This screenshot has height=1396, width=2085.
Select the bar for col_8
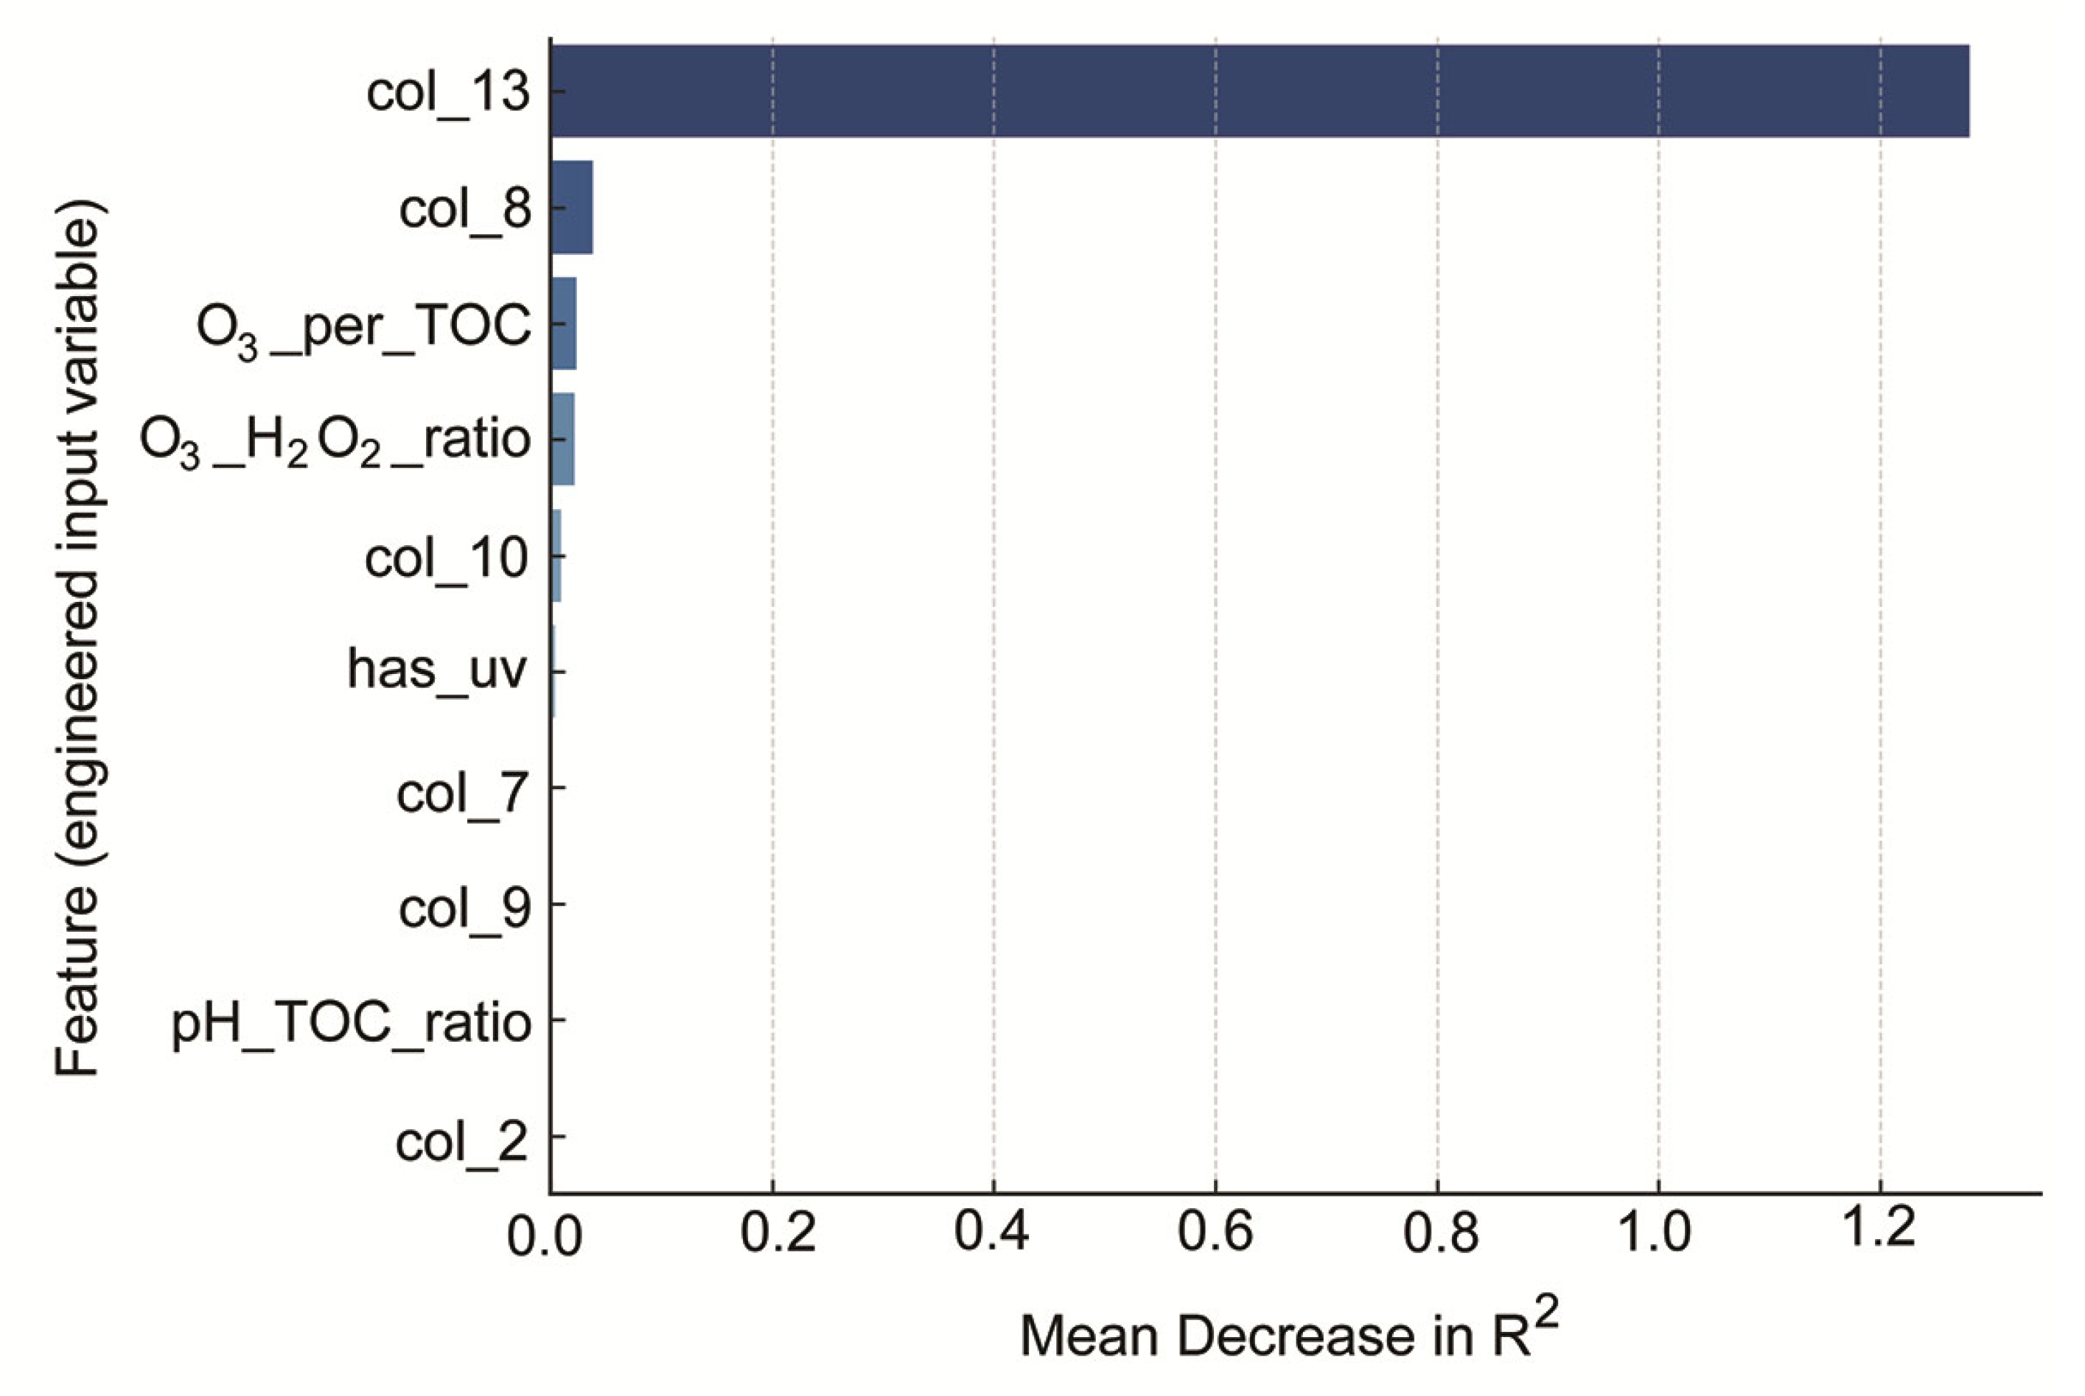[572, 208]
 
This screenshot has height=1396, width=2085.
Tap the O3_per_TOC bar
[564, 324]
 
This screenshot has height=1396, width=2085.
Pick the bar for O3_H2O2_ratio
[563, 439]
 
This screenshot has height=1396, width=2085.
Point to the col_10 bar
[556, 555]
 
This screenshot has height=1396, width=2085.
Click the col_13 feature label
[448, 91]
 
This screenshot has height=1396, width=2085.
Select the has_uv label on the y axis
[437, 669]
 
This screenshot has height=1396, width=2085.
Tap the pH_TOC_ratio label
[351, 1023]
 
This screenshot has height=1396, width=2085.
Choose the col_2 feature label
[461, 1141]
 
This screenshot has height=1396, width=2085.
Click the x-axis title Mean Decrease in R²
[1289, 1332]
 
